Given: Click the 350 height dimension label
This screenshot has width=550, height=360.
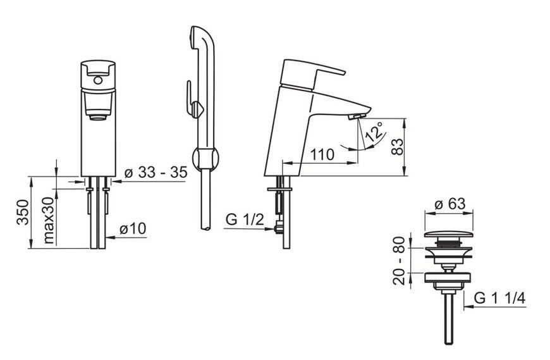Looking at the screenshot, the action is click(23, 212).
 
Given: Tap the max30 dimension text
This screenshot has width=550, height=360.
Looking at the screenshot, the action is click(49, 220).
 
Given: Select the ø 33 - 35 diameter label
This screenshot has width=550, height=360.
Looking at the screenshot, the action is click(156, 172).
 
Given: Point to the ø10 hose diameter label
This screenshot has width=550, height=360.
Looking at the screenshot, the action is click(133, 228).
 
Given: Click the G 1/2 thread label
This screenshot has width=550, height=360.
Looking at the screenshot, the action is click(245, 220).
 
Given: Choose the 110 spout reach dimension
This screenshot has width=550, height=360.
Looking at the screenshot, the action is click(322, 154).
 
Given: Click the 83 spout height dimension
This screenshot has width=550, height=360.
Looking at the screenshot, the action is click(397, 147).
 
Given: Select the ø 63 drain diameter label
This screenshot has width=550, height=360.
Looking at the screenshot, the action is click(450, 204).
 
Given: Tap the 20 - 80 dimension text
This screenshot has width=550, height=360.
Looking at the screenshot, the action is click(399, 260).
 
